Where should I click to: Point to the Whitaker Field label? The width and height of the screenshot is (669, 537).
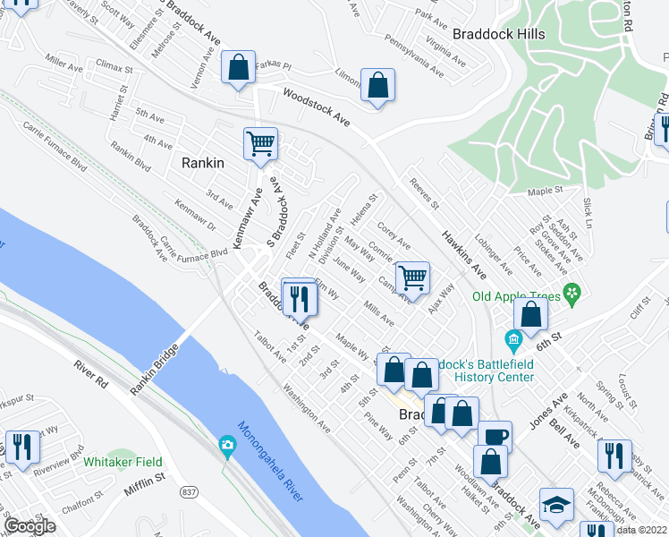click(123, 462)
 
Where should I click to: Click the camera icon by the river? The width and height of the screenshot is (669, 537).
click(228, 445)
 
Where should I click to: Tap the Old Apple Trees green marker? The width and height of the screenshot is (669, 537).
click(572, 294)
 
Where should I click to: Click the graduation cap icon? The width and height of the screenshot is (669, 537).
click(556, 507)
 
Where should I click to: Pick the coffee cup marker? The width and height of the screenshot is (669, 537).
click(495, 437)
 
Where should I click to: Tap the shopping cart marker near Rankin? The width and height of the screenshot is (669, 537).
click(260, 143)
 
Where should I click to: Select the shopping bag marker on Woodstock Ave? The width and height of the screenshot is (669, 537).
click(378, 86)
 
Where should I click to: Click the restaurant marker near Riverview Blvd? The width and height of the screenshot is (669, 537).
click(22, 447)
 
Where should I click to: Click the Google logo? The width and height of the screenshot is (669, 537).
click(30, 526)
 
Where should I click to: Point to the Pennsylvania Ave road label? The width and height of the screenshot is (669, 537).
click(412, 54)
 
